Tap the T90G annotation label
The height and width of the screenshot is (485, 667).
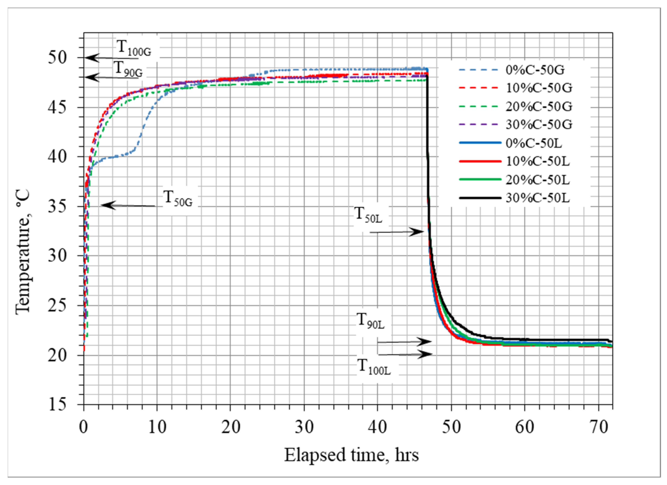(128, 69)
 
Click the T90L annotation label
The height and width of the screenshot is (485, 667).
(370, 321)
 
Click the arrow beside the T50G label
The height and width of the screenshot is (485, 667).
(128, 205)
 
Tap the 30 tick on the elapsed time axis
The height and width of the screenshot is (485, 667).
(304, 427)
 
